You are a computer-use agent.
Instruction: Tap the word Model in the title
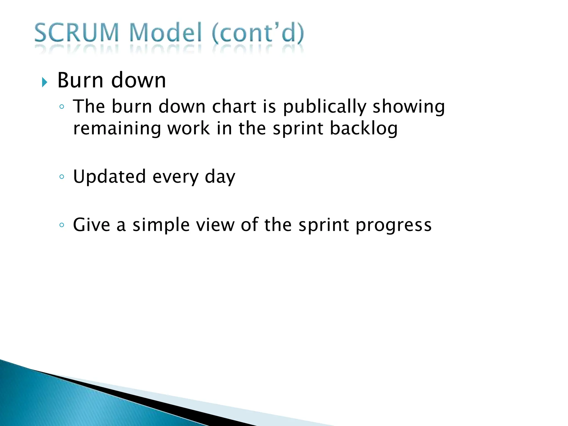click(166, 33)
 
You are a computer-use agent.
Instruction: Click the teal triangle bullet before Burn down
click(44, 82)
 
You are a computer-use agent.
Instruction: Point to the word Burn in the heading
click(80, 80)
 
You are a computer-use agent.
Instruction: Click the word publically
click(324, 107)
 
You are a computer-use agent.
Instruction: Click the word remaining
click(117, 129)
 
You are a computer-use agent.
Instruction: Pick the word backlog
click(364, 129)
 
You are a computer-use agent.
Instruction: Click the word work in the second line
click(189, 129)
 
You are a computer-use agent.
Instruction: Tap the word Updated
click(109, 177)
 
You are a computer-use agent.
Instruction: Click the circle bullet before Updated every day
click(62, 177)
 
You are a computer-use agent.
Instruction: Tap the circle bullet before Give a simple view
click(62, 225)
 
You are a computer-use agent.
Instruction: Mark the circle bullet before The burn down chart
click(62, 107)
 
